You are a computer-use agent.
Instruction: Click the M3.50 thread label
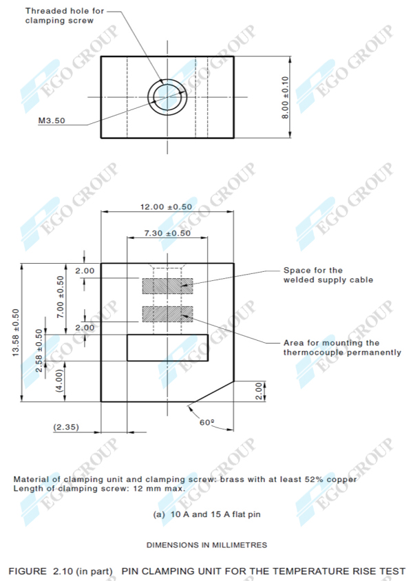[x=52, y=120]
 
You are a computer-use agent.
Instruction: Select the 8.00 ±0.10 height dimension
[x=285, y=97]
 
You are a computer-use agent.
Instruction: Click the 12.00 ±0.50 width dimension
[x=167, y=207]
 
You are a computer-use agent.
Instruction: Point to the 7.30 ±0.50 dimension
[x=167, y=233]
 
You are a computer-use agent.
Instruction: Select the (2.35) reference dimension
[x=67, y=427]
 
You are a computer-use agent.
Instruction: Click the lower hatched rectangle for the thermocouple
[x=167, y=314]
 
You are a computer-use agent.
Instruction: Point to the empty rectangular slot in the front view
[x=167, y=347]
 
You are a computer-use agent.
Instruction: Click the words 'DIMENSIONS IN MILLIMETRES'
[x=206, y=545]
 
